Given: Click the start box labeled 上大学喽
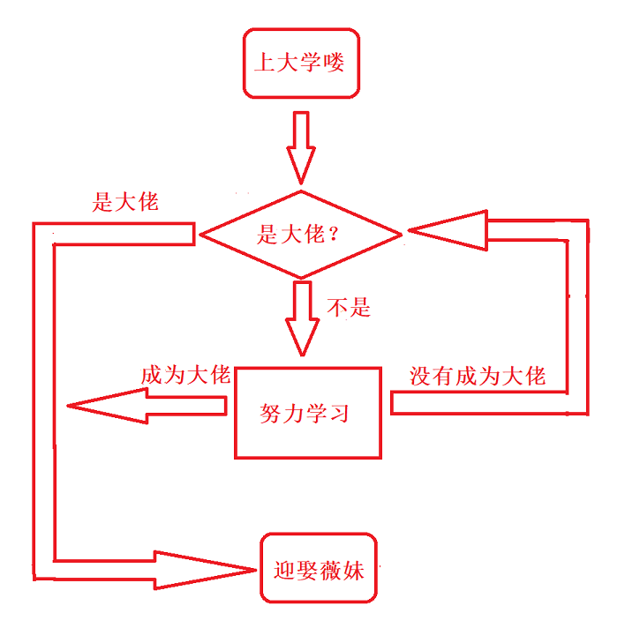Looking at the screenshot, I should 300,64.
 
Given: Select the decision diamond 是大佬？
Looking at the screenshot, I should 301,234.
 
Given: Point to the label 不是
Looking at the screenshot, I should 349,307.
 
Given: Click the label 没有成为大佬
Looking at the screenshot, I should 478,377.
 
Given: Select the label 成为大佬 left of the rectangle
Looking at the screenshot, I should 185,375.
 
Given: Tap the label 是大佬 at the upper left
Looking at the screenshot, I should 125,201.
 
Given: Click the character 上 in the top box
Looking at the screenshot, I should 263,64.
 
